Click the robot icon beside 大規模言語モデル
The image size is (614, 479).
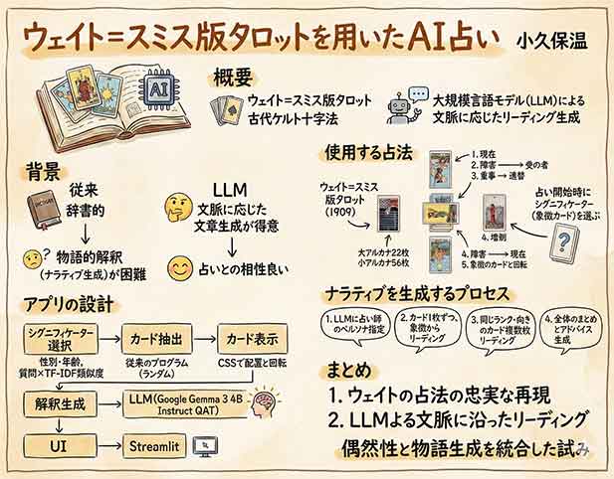[x=401, y=106]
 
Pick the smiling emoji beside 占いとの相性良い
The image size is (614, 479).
[x=180, y=267]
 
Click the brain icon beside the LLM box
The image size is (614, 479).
[x=264, y=406]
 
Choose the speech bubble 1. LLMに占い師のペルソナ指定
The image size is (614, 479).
[x=348, y=327]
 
